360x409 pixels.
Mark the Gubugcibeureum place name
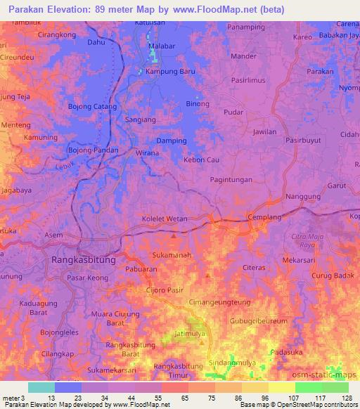(259, 320)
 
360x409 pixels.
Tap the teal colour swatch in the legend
(41, 387)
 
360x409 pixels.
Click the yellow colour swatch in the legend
(281, 387)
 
